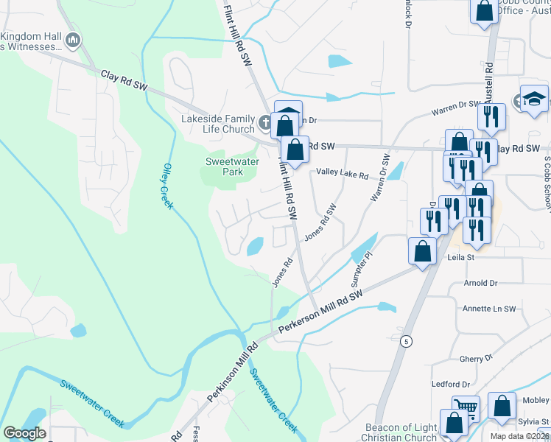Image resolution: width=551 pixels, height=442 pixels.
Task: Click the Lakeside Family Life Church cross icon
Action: pos(265,120)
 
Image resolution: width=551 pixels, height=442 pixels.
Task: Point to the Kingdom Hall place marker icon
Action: pos(73,40)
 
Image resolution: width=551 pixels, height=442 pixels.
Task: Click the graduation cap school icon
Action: pos(534,99)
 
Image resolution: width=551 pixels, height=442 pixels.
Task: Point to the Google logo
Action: pos(24,432)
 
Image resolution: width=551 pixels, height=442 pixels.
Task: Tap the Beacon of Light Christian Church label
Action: pos(401,432)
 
